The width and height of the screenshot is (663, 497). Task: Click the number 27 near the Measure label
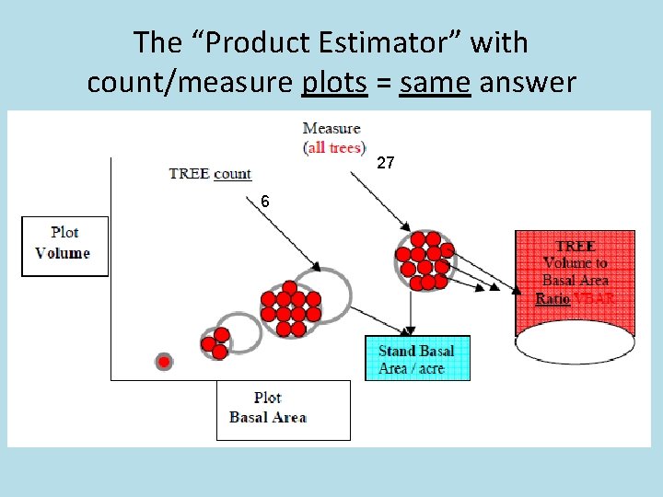pyautogui.click(x=387, y=163)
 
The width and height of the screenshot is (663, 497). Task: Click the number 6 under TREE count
pyautogui.click(x=265, y=201)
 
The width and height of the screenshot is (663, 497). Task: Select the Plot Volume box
pyautogui.click(x=64, y=244)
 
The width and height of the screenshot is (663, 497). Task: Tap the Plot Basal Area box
pyautogui.click(x=283, y=408)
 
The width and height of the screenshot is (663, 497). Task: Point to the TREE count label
pyautogui.click(x=210, y=173)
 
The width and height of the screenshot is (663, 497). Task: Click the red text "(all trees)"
pyautogui.click(x=334, y=147)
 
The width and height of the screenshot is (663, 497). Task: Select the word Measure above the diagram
pyautogui.click(x=331, y=129)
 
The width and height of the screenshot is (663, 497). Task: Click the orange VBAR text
pyautogui.click(x=594, y=298)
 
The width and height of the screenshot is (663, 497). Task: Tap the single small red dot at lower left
pyautogui.click(x=164, y=362)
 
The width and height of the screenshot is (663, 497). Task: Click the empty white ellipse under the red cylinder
pyautogui.click(x=575, y=342)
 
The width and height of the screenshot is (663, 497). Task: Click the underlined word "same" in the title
pyautogui.click(x=435, y=83)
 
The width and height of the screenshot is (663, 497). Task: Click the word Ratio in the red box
pyautogui.click(x=552, y=298)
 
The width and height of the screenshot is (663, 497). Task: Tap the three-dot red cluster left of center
pyautogui.click(x=215, y=342)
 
